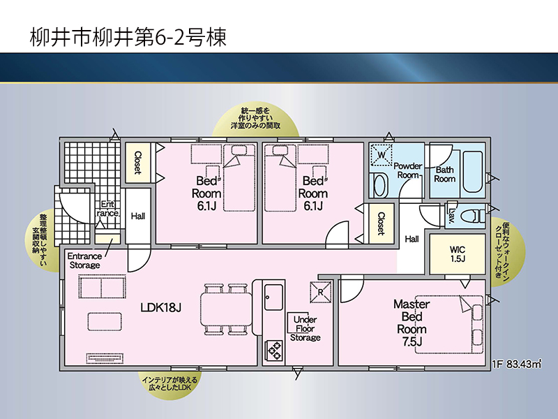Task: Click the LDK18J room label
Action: pos(161,307)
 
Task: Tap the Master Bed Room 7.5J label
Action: pos(412,323)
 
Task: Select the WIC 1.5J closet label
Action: pos(458,254)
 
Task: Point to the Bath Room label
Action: pos(445,174)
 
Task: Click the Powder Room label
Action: pos(408,170)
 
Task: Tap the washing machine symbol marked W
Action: pos(381,154)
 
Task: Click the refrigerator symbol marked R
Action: pos(320,292)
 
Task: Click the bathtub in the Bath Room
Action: pos(473,172)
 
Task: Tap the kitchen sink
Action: pos(273,297)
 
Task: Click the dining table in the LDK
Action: pos(226,309)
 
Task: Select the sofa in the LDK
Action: pos(102,287)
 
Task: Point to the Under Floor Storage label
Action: pos(306,328)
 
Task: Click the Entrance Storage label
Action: pos(84,260)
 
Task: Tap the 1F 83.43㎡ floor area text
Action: pos(517,364)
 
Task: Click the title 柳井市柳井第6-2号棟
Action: pos(128,37)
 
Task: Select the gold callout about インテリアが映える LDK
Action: pos(169,383)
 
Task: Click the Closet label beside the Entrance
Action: pos(137,163)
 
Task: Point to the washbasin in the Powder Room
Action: pos(380,185)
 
